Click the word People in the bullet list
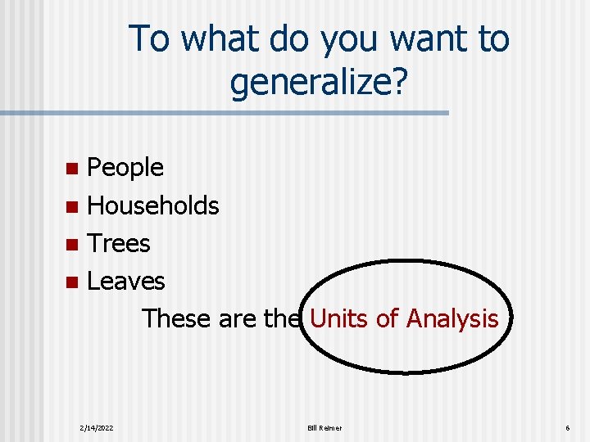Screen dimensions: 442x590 point(125,168)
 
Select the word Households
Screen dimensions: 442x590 point(153,205)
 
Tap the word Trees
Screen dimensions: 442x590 point(119,243)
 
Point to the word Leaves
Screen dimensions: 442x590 point(126,281)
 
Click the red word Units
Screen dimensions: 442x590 point(338,318)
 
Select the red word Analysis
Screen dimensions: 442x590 point(452,318)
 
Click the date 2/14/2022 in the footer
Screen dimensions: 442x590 point(97,428)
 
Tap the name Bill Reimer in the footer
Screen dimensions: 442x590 point(324,428)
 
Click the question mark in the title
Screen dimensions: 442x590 point(397,81)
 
